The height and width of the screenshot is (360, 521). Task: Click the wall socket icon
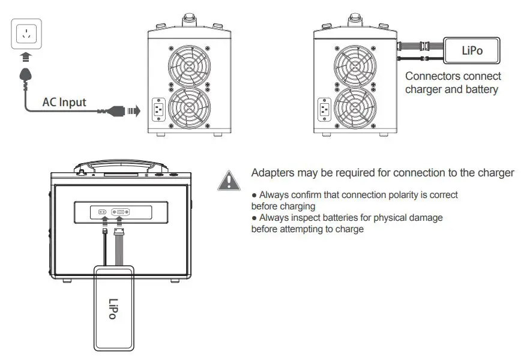coord(26,34)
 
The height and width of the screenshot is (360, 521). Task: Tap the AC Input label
coord(64,102)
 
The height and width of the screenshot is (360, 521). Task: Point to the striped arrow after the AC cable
coord(133,110)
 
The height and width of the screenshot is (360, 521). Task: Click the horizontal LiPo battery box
coord(472,50)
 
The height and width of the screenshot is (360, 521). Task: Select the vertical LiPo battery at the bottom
coord(113,308)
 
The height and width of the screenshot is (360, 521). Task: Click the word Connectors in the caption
coord(432,76)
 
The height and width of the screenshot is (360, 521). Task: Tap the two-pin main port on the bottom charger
coord(103,212)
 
